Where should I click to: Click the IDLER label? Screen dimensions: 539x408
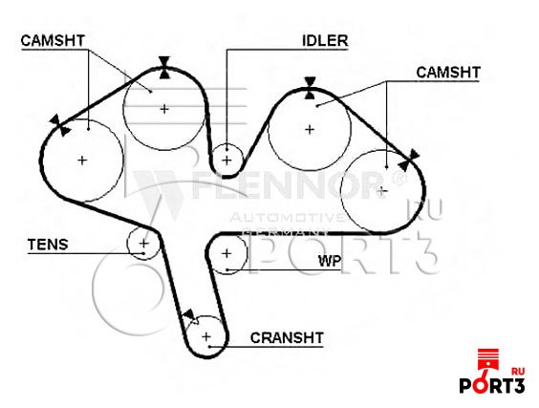click(x=325, y=40)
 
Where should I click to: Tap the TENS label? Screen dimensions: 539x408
click(x=48, y=245)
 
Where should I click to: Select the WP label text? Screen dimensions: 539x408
click(x=330, y=261)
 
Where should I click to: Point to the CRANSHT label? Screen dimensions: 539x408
click(x=287, y=337)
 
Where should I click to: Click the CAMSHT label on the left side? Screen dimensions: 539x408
click(x=53, y=40)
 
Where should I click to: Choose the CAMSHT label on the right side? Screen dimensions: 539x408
click(x=448, y=73)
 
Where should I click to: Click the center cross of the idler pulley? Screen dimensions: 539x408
click(x=226, y=161)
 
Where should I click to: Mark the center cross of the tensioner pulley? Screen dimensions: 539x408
click(x=143, y=244)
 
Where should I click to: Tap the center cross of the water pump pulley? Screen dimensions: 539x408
click(x=226, y=253)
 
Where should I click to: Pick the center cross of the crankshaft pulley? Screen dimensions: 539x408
click(x=205, y=336)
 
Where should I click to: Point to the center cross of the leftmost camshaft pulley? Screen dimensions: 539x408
click(x=82, y=160)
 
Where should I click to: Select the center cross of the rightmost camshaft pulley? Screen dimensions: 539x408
click(x=382, y=191)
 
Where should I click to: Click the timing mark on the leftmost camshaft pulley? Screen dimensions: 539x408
click(x=60, y=126)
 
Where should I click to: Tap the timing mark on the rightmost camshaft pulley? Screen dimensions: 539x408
click(x=409, y=161)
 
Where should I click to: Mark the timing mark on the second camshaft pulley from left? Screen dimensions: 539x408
click(x=164, y=68)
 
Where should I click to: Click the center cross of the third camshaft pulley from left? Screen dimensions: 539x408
click(x=310, y=130)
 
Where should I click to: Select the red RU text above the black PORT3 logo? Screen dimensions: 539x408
click(x=518, y=372)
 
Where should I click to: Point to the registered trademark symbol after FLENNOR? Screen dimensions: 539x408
click(x=399, y=179)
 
